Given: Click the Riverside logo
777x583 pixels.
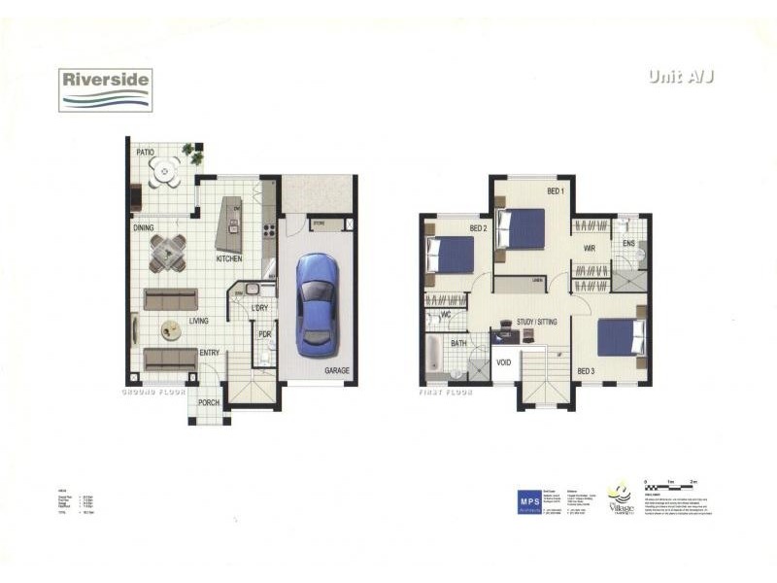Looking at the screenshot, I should click(x=104, y=88).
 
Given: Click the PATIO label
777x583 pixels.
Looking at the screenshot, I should click(x=146, y=153).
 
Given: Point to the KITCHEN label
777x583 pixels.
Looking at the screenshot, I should click(x=228, y=259).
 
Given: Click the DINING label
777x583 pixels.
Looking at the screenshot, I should click(x=145, y=228).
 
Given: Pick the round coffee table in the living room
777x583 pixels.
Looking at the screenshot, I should click(x=171, y=331).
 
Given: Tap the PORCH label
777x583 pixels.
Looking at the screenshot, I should click(x=208, y=402).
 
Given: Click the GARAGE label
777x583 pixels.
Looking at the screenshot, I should click(x=336, y=371).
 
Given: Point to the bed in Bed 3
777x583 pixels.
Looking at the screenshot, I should click(x=620, y=337).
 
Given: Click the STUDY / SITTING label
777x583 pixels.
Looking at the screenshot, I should click(x=537, y=321).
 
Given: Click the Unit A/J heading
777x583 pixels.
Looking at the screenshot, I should click(x=680, y=78).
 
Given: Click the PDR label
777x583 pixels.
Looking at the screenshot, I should click(x=264, y=335).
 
